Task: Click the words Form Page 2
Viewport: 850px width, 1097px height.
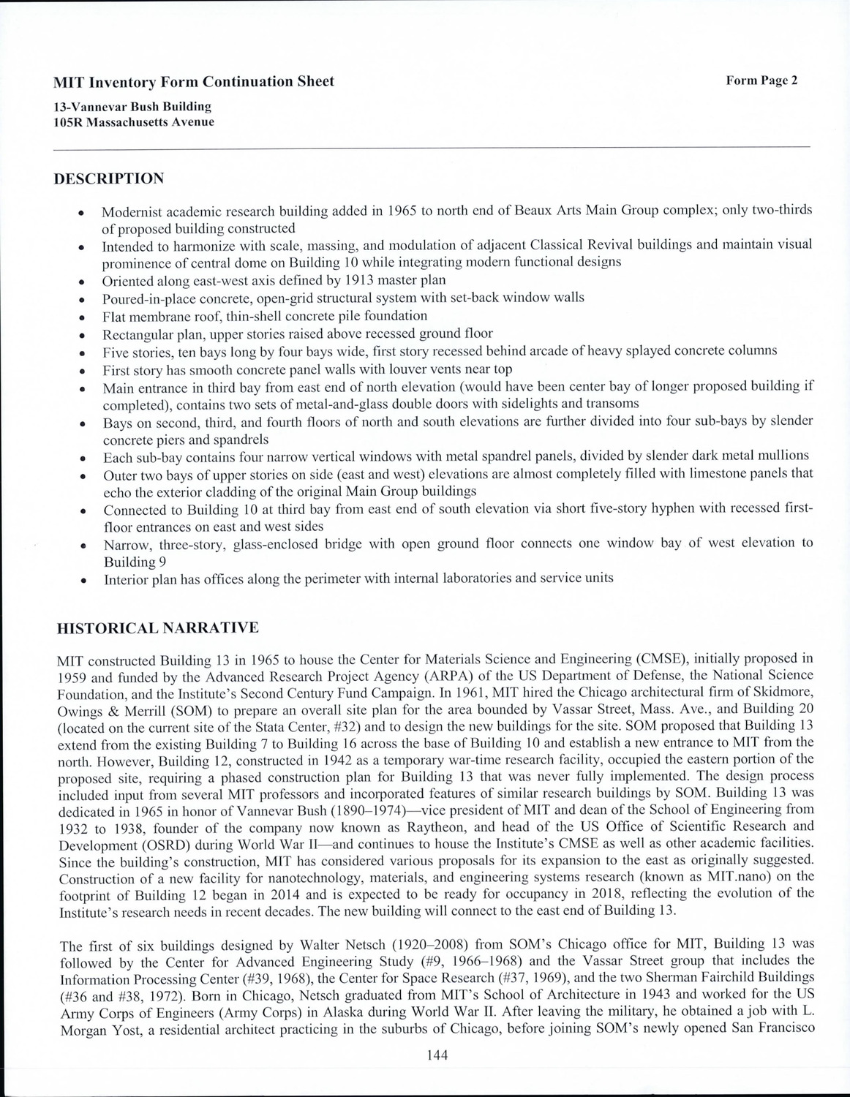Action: coord(761,80)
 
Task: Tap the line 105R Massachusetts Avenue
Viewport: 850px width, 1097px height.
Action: coord(134,122)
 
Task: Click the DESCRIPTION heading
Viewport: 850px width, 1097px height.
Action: coord(109,179)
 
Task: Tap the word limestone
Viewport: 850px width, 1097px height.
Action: coord(659,473)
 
